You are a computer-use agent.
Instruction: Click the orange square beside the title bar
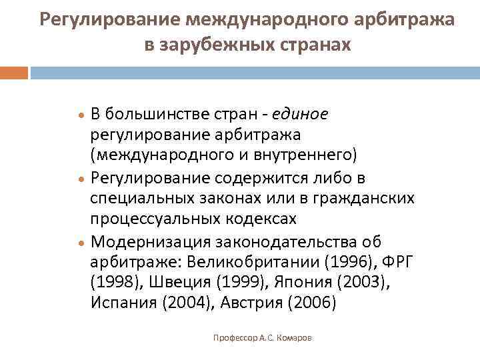[x=14, y=72]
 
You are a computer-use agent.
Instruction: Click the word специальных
[x=137, y=198]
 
